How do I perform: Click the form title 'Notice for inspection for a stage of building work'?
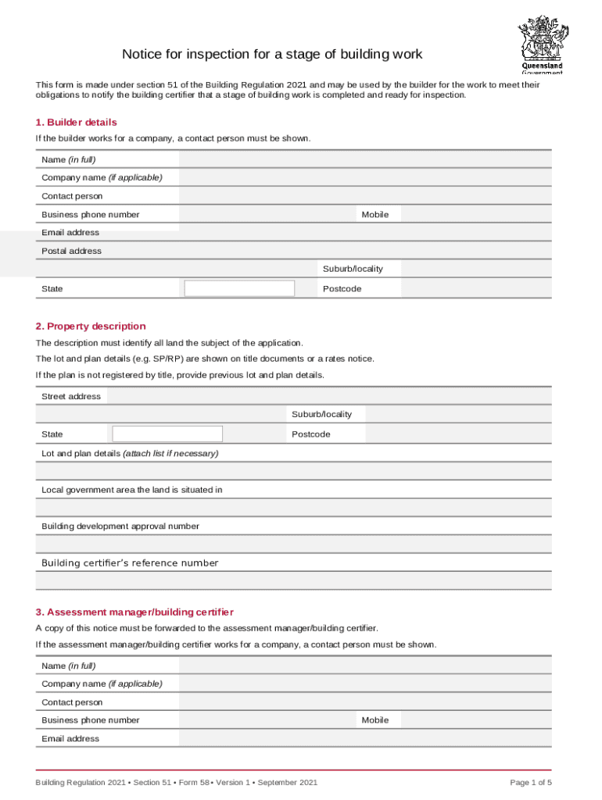click(271, 55)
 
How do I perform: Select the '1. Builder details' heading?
click(76, 123)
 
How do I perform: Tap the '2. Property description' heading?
click(90, 327)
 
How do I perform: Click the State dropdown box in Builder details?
click(239, 288)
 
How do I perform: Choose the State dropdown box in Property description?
click(167, 434)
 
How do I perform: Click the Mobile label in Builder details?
click(375, 214)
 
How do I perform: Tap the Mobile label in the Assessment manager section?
click(375, 720)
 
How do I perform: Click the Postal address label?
click(71, 251)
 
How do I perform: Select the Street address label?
click(71, 397)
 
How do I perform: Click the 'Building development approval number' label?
click(120, 527)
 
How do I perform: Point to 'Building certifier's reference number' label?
click(130, 563)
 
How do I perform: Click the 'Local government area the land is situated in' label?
click(131, 490)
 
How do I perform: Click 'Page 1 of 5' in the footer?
click(531, 783)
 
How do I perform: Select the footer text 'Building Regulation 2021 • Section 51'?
click(94, 783)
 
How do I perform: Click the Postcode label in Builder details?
click(342, 289)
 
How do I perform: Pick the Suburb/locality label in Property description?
click(321, 414)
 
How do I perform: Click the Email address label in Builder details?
click(70, 233)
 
